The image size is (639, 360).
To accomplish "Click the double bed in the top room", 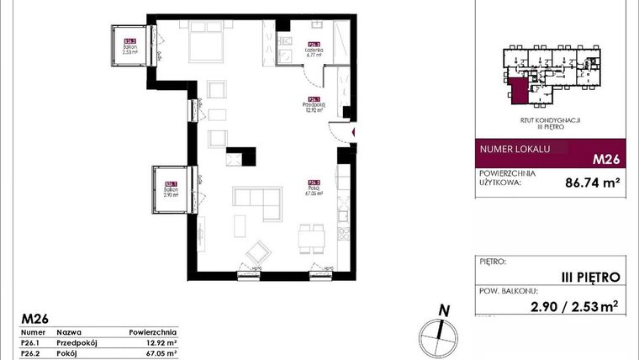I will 205,38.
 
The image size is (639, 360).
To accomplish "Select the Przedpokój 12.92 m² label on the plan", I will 314,104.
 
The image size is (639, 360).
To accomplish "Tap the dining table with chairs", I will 312,236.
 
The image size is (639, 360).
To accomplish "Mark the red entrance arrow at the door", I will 354,132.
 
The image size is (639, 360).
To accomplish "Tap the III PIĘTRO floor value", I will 590,276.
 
